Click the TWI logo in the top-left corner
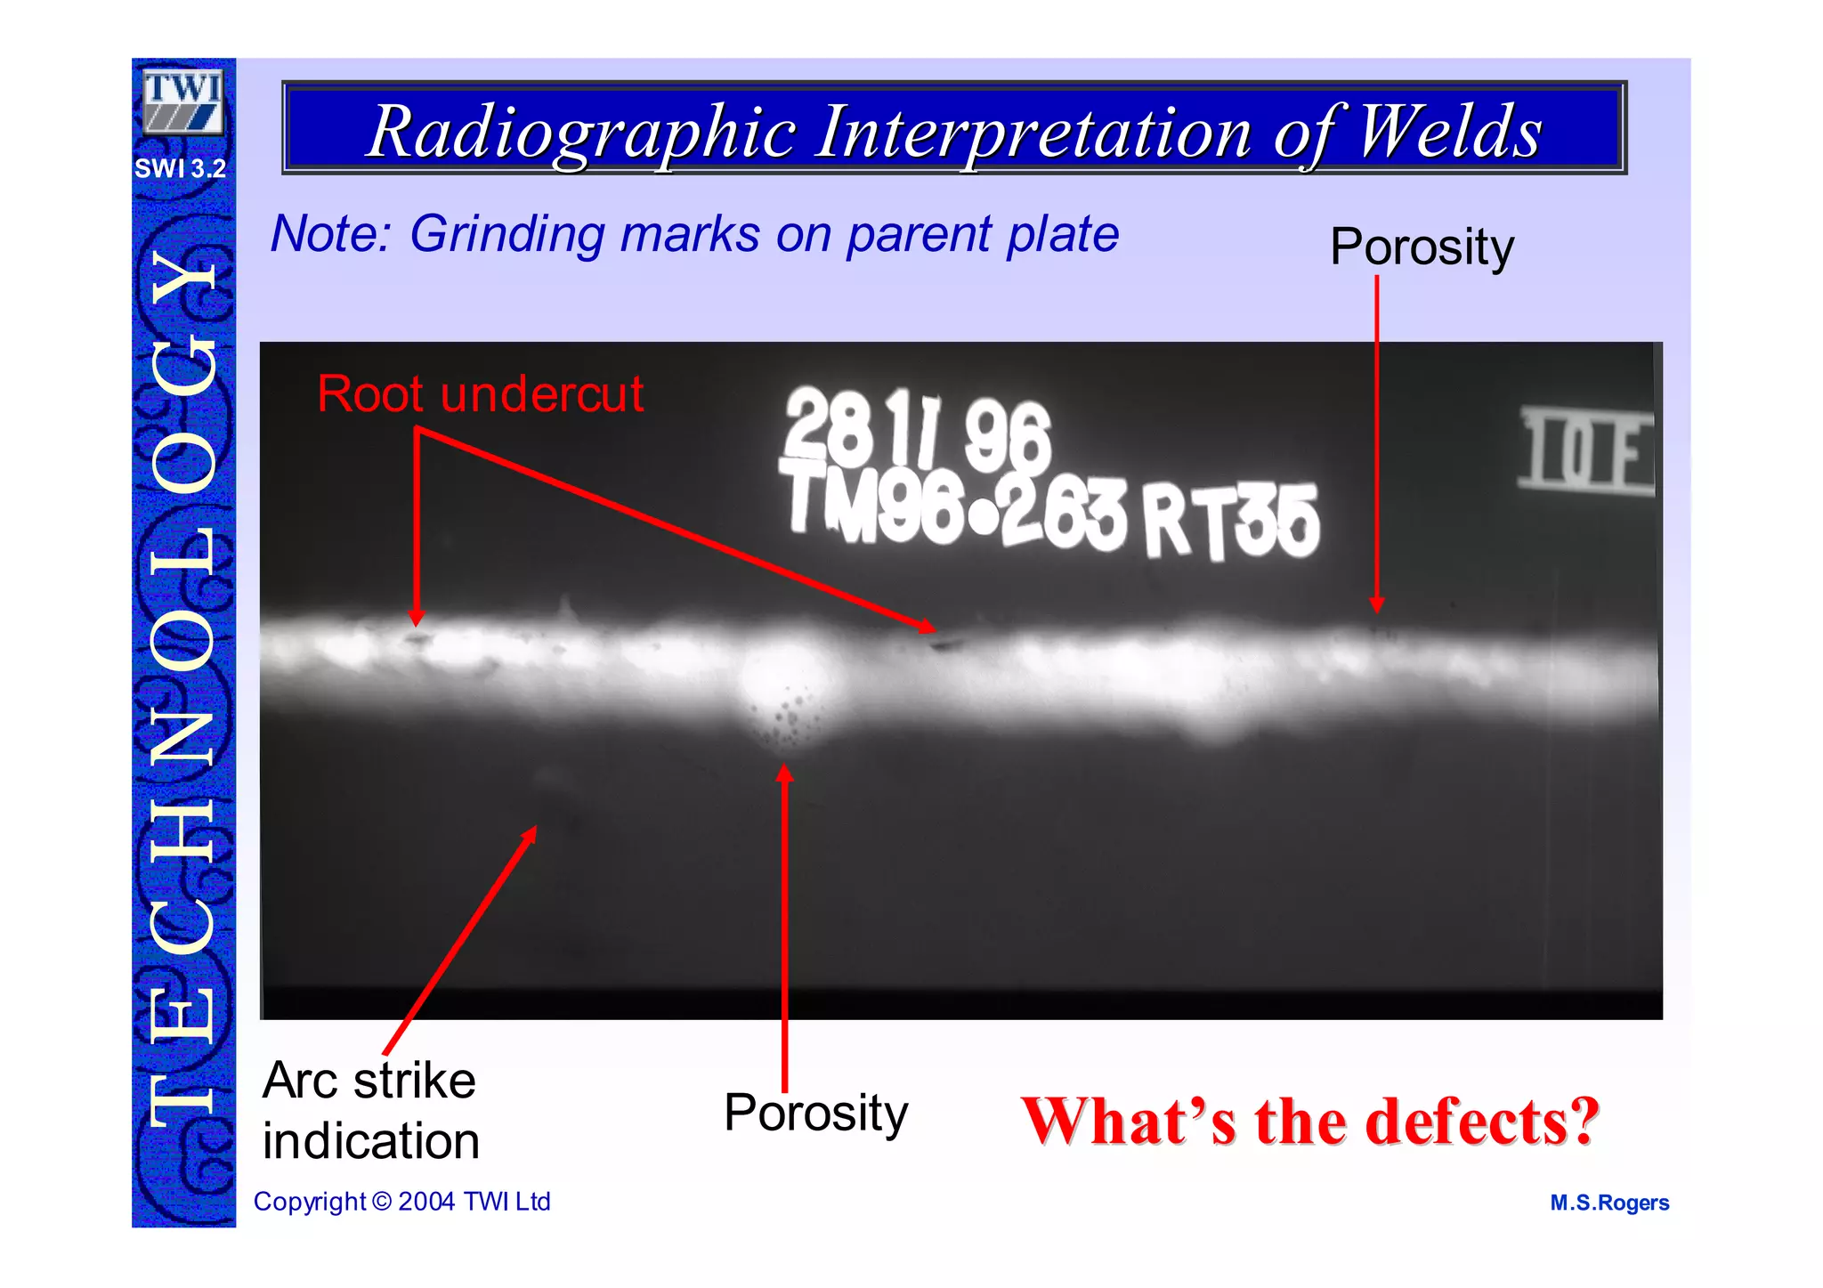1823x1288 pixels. click(182, 101)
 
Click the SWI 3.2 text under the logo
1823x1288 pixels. click(181, 168)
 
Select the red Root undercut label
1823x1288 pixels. click(480, 393)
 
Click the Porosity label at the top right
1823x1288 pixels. click(1421, 247)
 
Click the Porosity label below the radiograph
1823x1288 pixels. click(815, 1113)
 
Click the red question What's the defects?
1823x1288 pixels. click(1309, 1121)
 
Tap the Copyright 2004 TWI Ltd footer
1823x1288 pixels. click(401, 1202)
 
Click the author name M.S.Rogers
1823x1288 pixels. click(1608, 1203)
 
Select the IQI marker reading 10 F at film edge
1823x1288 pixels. click(1584, 451)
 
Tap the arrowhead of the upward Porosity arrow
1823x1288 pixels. click(784, 773)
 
